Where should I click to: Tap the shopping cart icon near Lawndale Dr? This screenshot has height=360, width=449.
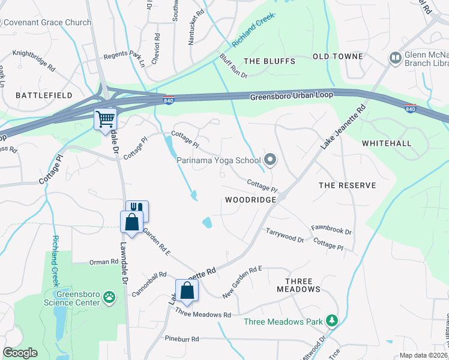[x=105, y=119]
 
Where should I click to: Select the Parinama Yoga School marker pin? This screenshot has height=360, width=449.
[x=270, y=160]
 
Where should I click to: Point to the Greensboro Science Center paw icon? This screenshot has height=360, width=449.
[x=109, y=296]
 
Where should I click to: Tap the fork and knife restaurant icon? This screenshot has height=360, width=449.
[x=137, y=210]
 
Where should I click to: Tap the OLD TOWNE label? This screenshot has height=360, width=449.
[x=338, y=56]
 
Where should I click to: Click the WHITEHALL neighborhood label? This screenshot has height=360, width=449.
[x=387, y=143]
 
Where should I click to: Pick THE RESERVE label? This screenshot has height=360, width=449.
[x=347, y=185]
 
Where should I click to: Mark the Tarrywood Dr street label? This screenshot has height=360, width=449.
[x=285, y=235]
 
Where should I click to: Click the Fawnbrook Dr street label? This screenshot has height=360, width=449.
[x=331, y=229]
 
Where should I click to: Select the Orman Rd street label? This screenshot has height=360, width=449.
[x=104, y=262]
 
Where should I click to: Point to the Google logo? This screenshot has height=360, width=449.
[x=20, y=353]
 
